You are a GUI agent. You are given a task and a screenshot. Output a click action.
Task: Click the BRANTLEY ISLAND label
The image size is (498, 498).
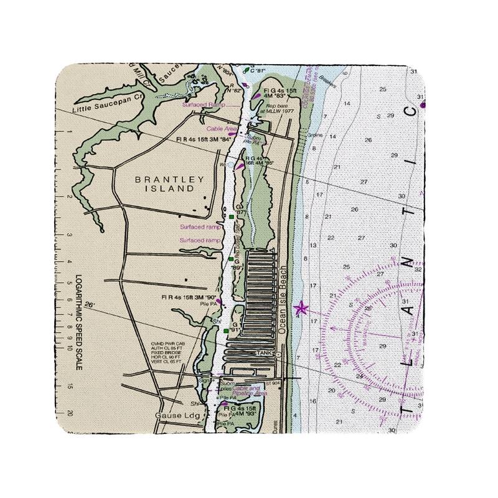coord(170,183)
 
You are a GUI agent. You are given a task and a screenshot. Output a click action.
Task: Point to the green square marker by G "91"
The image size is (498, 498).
coord(225,331)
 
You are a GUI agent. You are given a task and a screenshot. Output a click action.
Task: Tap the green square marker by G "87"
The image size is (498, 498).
coord(231,216)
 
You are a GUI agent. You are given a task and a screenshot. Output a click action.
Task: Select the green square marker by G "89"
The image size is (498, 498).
coord(230,258)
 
